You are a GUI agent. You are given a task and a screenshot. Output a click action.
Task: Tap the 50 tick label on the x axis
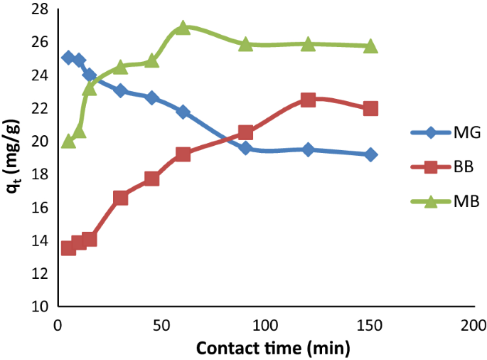point(161,324)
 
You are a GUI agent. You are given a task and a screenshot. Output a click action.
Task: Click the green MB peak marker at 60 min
point(183,28)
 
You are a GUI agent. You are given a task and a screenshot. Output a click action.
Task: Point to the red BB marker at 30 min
point(120,198)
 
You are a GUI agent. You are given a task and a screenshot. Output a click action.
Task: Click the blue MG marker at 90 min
point(245,148)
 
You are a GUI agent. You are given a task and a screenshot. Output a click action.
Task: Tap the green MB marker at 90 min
point(245,44)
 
